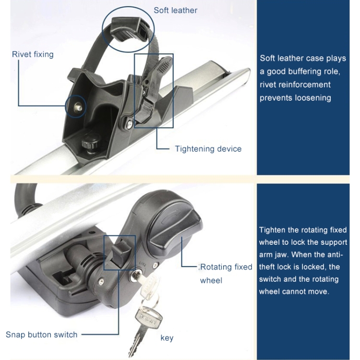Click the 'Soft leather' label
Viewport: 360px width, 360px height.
point(175,11)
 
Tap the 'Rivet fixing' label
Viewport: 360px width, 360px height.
point(33,54)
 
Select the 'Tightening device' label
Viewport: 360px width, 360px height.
point(208,149)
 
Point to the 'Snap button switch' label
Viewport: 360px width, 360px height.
point(42,335)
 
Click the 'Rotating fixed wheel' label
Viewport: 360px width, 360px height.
point(226,274)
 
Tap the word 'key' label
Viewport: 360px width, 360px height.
point(167,338)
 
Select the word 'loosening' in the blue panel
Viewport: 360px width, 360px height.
point(313,98)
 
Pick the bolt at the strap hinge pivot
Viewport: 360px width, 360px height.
point(130,124)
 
